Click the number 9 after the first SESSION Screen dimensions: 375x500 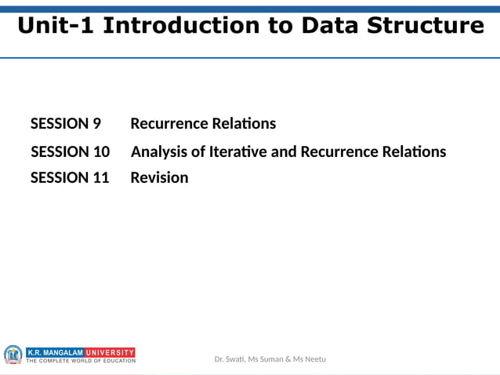(96, 124)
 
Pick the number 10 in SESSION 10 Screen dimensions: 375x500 (101, 151)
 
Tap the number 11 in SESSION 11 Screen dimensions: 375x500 (101, 178)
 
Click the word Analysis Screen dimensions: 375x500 (160, 151)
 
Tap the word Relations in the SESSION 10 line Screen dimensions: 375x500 (412, 151)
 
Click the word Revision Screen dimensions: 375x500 (159, 178)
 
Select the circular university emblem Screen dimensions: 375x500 (13, 355)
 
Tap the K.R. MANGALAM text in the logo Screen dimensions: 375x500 (55, 352)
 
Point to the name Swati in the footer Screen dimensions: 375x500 (234, 359)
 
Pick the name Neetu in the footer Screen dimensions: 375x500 (314, 359)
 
